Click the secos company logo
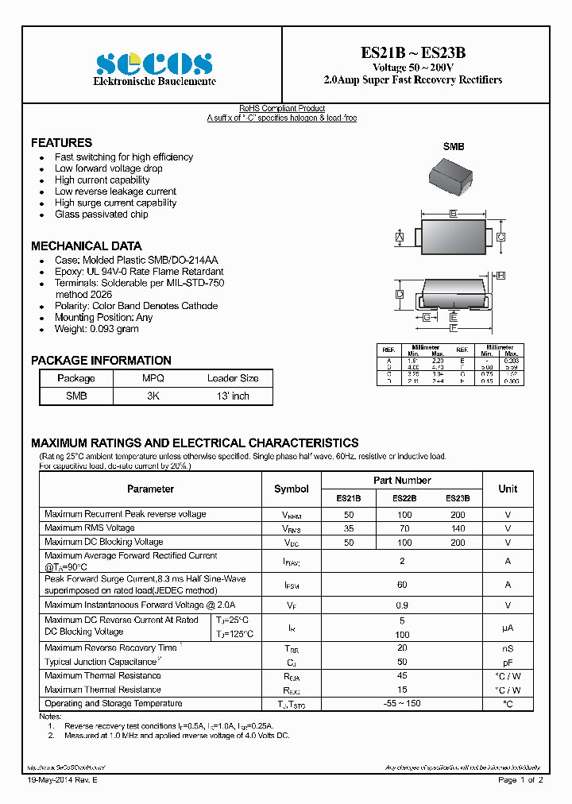tap(154, 63)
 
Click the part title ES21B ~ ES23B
tap(413, 53)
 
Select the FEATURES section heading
tap(61, 143)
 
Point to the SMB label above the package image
tap(453, 147)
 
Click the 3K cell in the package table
tap(153, 396)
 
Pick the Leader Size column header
tap(233, 378)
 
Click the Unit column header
tap(508, 489)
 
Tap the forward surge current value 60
tap(402, 585)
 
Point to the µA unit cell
tap(508, 627)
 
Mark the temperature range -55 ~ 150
tap(402, 704)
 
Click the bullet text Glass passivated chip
tap(101, 215)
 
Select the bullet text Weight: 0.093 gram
tap(96, 329)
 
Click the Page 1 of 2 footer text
tap(520, 781)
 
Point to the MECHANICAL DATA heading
tap(86, 246)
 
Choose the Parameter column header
tap(150, 489)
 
